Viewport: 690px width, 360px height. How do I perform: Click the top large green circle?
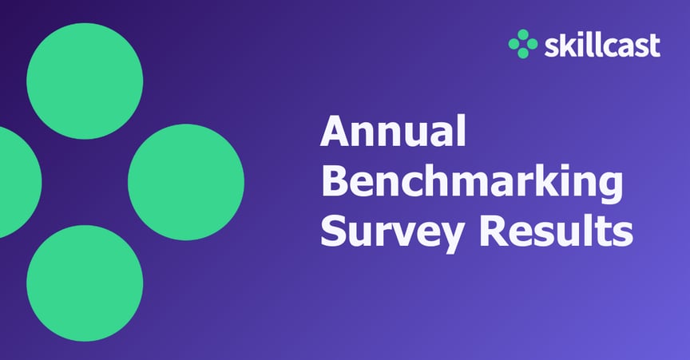(x=85, y=81)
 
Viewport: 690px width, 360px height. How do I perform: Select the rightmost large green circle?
(x=185, y=182)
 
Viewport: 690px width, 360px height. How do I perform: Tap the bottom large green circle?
(x=85, y=283)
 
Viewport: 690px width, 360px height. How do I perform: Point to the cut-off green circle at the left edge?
(x=16, y=182)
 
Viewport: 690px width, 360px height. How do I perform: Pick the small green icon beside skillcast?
(x=523, y=44)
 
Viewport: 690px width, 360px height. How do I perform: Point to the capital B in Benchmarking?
(x=334, y=181)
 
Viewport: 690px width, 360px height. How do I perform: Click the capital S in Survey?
(x=332, y=231)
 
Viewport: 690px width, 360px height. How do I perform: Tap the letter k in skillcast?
(x=564, y=45)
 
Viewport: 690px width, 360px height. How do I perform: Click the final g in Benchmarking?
(x=609, y=187)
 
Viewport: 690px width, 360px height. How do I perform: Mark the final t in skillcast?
(x=655, y=46)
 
